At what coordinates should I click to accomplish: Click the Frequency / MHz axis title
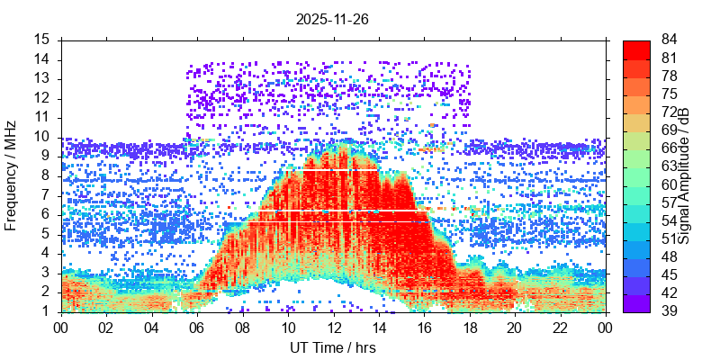coord(12,175)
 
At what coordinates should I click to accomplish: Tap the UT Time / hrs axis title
coord(333,347)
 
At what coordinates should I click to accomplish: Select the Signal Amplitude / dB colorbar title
coord(684,175)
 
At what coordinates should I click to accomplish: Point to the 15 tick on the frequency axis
coord(42,40)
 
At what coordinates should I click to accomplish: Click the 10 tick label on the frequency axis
coord(42,137)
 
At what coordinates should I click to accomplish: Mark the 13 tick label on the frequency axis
coord(42,79)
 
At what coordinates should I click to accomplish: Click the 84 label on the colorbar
coord(670,40)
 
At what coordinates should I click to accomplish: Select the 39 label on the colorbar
coord(670,310)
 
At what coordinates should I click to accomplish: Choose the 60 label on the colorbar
coord(670,184)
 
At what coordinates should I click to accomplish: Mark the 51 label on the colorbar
coord(670,238)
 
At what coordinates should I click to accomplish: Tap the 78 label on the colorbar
coord(670,76)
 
